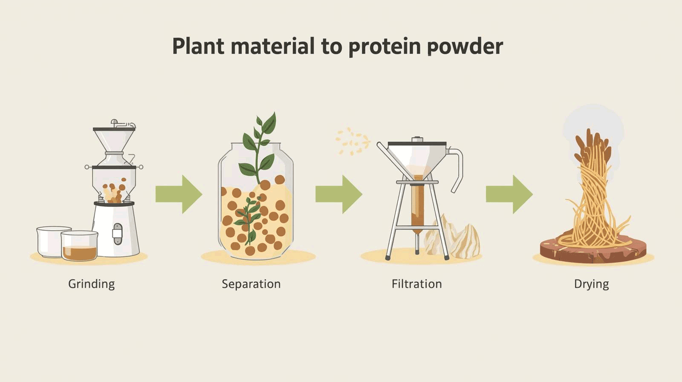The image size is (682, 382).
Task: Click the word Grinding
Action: point(91,284)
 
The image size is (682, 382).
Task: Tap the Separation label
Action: point(251,284)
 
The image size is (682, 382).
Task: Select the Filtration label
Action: point(417,284)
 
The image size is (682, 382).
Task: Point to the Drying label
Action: point(591,284)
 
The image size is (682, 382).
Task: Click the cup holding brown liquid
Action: point(79,246)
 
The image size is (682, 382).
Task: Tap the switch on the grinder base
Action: point(116,233)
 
